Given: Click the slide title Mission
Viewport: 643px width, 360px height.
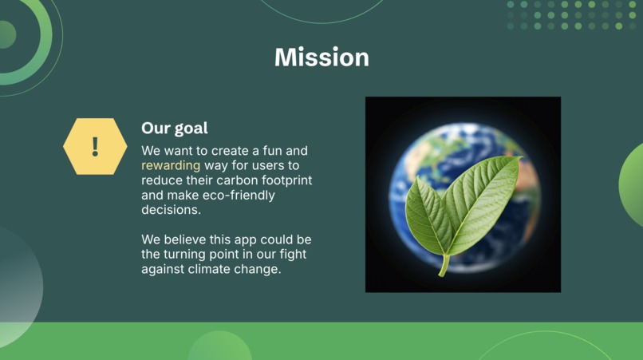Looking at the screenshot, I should pyautogui.click(x=321, y=57).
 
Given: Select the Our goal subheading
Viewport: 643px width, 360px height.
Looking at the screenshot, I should pyautogui.click(x=175, y=128).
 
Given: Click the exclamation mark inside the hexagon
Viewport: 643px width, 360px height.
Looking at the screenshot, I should pyautogui.click(x=95, y=146).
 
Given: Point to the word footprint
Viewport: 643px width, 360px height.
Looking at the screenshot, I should pyautogui.click(x=285, y=180).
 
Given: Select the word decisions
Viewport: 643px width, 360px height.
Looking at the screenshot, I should pyautogui.click(x=170, y=210).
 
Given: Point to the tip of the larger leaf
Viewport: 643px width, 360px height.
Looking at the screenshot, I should pyautogui.click(x=519, y=158).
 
